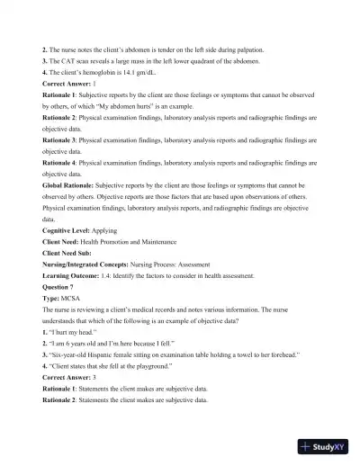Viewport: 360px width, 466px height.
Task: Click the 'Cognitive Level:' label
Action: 67,230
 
